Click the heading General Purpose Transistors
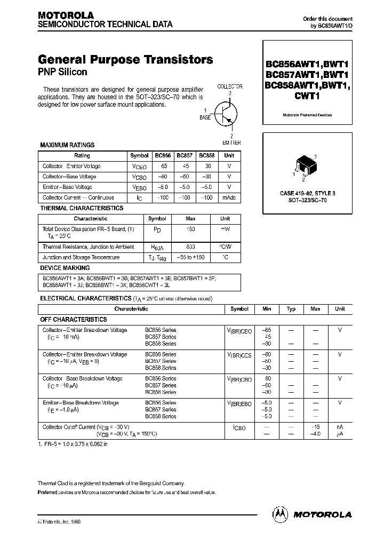point(125,60)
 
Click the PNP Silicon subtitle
point(62,72)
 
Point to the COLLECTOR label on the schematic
point(230,86)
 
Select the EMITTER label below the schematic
point(231,142)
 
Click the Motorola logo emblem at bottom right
point(280,514)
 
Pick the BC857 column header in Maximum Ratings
point(185,155)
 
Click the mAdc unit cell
point(229,197)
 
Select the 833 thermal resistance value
point(190,247)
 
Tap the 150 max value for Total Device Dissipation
point(190,229)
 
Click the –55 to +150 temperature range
point(190,257)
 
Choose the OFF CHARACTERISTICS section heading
point(74,319)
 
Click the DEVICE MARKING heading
point(65,268)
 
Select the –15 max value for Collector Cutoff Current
point(315,427)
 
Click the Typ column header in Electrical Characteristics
point(291,309)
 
